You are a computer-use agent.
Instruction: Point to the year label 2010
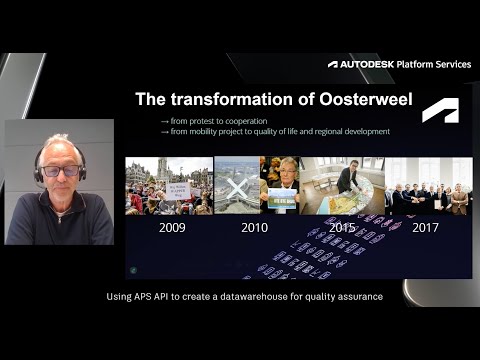[255, 228]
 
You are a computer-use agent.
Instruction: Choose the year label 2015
[342, 228]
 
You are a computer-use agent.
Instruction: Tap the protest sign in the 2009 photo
[178, 188]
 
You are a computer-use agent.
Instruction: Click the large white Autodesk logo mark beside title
[440, 110]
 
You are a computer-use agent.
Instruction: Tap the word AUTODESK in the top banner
[366, 64]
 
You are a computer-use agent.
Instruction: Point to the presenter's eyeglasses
[60, 170]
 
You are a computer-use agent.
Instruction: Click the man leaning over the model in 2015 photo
[345, 180]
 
